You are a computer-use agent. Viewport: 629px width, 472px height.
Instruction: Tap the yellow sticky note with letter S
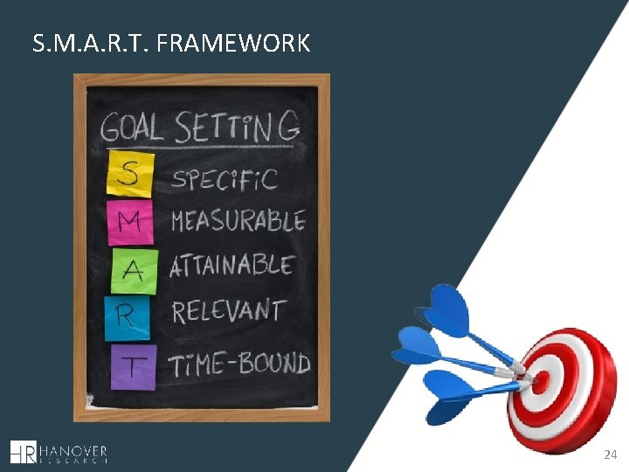128,173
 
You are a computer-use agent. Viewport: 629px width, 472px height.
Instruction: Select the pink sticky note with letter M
128,221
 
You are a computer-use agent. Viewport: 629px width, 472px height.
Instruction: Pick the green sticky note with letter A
134,270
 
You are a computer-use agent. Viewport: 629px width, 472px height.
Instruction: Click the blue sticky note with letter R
127,317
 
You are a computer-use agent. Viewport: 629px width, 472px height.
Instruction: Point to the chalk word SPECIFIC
225,178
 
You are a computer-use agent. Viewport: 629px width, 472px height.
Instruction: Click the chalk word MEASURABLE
238,221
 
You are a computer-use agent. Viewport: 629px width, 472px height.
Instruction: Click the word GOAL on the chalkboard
132,128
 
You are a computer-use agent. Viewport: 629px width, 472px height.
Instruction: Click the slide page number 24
610,455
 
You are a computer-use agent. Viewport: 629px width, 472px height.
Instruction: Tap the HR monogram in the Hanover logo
24,451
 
